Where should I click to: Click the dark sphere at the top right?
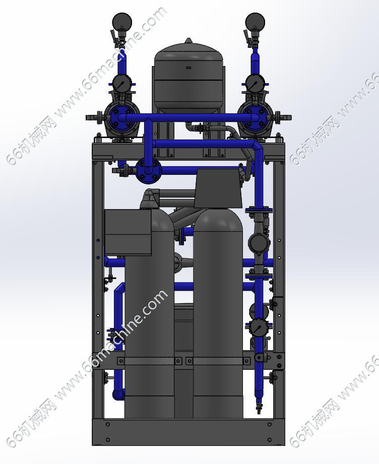point(255,22)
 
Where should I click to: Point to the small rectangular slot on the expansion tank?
point(188,68)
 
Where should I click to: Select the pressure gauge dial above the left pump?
point(120,84)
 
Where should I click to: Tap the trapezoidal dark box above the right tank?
point(218,188)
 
